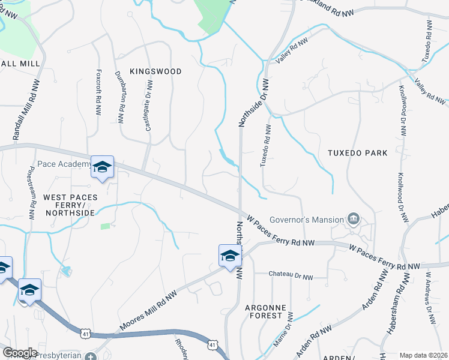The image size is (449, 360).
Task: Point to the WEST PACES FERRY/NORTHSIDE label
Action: click(69, 205)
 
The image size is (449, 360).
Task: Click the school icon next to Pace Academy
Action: click(102, 168)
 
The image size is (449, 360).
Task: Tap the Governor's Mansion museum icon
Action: click(354, 218)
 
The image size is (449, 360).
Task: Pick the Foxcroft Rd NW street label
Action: click(98, 91)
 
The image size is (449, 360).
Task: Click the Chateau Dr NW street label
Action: click(291, 277)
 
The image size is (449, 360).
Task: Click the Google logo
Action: click(20, 353)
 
